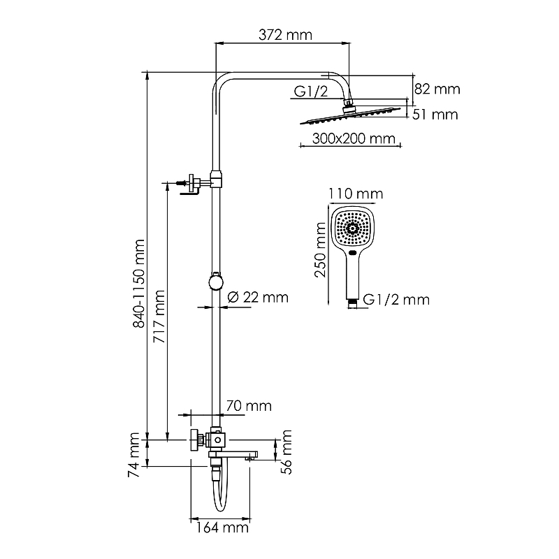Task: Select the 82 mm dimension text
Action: click(x=438, y=89)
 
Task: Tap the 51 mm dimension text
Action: click(x=435, y=114)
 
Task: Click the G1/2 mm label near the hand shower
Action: click(x=397, y=300)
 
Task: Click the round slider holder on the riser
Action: click(x=216, y=282)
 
